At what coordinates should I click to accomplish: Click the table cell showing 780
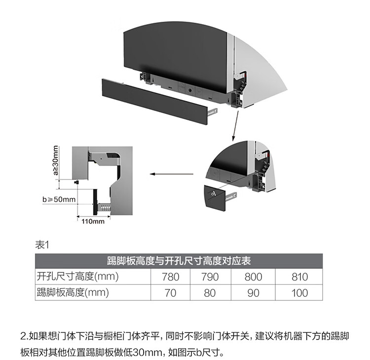(171, 277)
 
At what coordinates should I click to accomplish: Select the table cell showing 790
(210, 277)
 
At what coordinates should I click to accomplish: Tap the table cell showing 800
(253, 277)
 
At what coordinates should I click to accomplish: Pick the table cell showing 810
(299, 277)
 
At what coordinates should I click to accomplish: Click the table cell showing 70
(171, 292)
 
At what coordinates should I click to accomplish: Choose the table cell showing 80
(210, 292)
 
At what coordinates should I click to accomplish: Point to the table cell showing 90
(253, 292)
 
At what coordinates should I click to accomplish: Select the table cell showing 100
(299, 292)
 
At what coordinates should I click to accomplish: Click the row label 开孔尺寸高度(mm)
(78, 277)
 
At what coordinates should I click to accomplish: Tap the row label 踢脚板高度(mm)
(73, 292)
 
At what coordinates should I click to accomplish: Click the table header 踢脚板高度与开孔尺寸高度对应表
(179, 260)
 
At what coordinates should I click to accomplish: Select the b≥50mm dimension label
(59, 199)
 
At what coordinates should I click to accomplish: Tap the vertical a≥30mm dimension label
(55, 161)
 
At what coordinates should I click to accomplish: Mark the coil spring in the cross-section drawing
(104, 208)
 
